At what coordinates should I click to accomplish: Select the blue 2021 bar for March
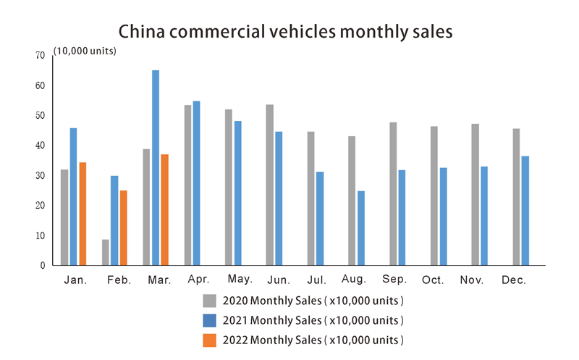(156, 167)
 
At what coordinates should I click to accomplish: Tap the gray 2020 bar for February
(106, 252)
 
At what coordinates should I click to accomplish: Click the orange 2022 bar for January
(83, 214)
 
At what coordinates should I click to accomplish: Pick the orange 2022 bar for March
(165, 209)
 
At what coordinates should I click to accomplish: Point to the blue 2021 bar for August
(361, 228)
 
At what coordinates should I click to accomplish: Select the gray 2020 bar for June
(269, 185)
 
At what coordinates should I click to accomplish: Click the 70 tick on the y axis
(40, 56)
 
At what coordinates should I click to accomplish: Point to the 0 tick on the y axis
(43, 266)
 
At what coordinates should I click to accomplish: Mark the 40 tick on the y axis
(40, 146)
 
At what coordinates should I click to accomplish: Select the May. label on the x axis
(240, 279)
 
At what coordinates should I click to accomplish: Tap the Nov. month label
(474, 280)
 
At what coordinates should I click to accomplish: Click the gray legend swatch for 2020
(210, 301)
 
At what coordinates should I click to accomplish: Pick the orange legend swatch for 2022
(210, 340)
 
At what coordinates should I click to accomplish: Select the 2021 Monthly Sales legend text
(313, 320)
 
